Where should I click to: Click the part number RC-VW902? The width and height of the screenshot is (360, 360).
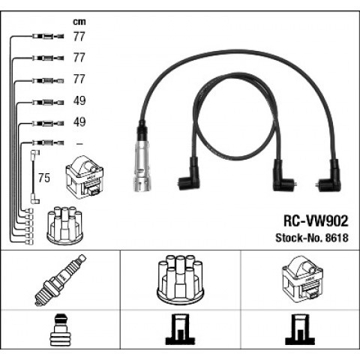[316, 221]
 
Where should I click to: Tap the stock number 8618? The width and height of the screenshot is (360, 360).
[336, 238]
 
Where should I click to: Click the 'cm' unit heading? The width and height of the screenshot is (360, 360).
[79, 22]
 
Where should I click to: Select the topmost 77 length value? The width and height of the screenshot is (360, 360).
[79, 37]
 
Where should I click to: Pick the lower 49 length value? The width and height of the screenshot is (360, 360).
[79, 122]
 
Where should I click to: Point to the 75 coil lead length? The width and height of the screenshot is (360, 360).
[44, 178]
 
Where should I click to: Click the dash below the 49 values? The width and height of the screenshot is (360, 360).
[79, 144]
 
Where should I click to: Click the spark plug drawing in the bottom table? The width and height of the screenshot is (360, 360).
[61, 280]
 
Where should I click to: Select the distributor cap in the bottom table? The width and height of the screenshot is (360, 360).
[180, 280]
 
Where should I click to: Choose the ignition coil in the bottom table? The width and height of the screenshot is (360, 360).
[302, 280]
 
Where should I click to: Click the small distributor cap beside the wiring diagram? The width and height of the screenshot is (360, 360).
[64, 225]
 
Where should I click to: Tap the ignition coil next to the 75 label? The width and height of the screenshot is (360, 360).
[84, 178]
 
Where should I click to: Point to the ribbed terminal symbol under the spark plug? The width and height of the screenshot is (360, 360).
[61, 330]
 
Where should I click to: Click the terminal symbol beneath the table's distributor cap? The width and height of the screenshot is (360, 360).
[180, 329]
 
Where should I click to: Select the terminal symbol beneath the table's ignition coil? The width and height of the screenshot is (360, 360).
[300, 329]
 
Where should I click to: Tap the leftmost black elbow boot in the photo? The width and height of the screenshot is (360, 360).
[189, 175]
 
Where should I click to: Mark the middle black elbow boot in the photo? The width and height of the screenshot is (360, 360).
[282, 176]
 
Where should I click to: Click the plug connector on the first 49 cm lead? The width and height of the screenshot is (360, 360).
[48, 102]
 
